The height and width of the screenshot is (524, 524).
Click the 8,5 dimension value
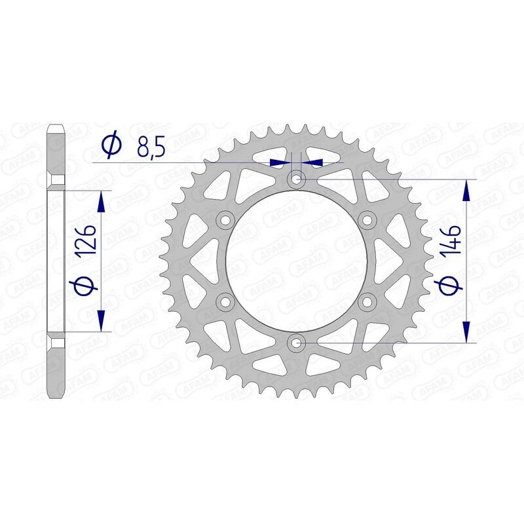pyautogui.click(x=150, y=147)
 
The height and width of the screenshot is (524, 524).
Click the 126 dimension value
pyautogui.click(x=90, y=240)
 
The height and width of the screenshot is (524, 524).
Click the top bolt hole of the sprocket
pyautogui.click(x=297, y=178)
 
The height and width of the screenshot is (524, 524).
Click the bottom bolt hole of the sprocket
pyautogui.click(x=297, y=342)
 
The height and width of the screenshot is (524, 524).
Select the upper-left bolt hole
pyautogui.click(x=227, y=219)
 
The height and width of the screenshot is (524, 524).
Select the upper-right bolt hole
pyautogui.click(x=367, y=219)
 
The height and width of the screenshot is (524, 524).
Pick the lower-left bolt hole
pyautogui.click(x=227, y=301)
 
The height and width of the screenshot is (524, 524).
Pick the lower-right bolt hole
pyautogui.click(x=367, y=301)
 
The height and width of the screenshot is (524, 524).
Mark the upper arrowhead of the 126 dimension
pyautogui.click(x=102, y=202)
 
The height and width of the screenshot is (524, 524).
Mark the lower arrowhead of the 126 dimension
pyautogui.click(x=102, y=320)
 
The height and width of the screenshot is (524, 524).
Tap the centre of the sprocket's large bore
pyautogui.click(x=297, y=260)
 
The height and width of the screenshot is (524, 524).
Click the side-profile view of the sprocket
pyautogui.click(x=56, y=260)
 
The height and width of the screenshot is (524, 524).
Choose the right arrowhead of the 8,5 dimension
pyautogui.click(x=313, y=161)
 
